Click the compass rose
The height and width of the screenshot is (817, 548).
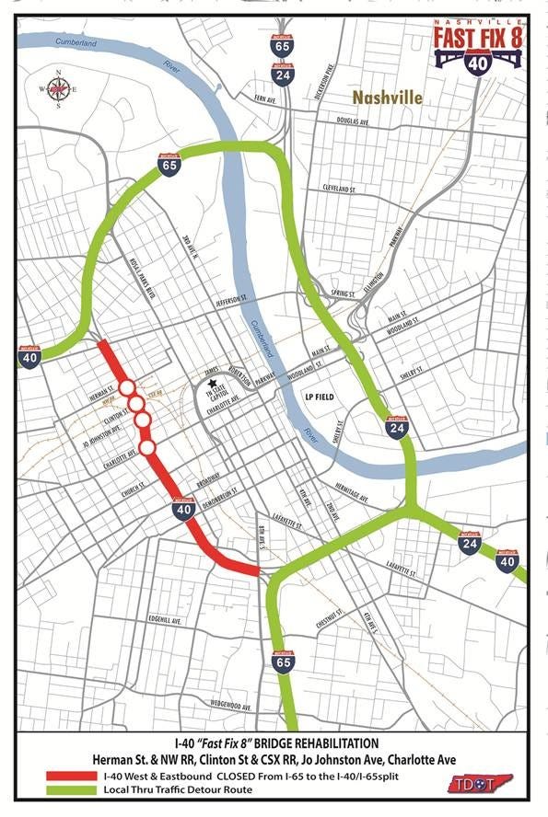(x=59, y=89)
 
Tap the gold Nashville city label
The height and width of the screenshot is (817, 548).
(x=387, y=98)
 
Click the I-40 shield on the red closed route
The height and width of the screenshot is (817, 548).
(x=183, y=509)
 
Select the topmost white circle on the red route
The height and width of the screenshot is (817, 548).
(x=127, y=387)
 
